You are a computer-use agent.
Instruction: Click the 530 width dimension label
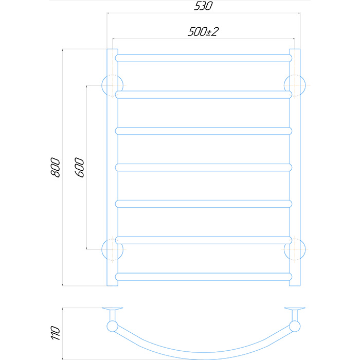(x=204, y=6)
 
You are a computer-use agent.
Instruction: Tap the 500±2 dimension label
(x=204, y=32)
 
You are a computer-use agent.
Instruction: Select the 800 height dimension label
(x=56, y=167)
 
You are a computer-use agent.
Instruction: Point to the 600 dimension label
(x=79, y=167)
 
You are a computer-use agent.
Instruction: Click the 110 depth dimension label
(x=56, y=333)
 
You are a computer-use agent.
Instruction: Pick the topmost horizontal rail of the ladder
(x=204, y=58)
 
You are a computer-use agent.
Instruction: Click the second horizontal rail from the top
(x=204, y=95)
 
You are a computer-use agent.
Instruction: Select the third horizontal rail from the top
(x=204, y=131)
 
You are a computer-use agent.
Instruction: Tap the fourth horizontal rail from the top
(x=204, y=167)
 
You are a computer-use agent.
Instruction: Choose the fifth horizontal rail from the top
(x=204, y=204)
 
